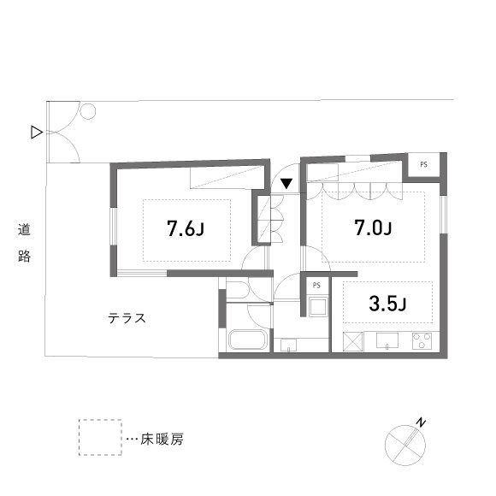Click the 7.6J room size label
(186, 229)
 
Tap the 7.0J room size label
(373, 228)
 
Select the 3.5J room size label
(387, 303)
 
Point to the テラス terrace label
(127, 318)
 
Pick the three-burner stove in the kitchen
(422, 340)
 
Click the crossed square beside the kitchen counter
(351, 340)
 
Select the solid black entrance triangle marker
(287, 182)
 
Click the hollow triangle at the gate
(36, 132)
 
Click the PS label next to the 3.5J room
(316, 285)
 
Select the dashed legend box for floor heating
(99, 438)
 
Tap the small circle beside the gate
(88, 110)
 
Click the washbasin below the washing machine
(289, 345)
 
